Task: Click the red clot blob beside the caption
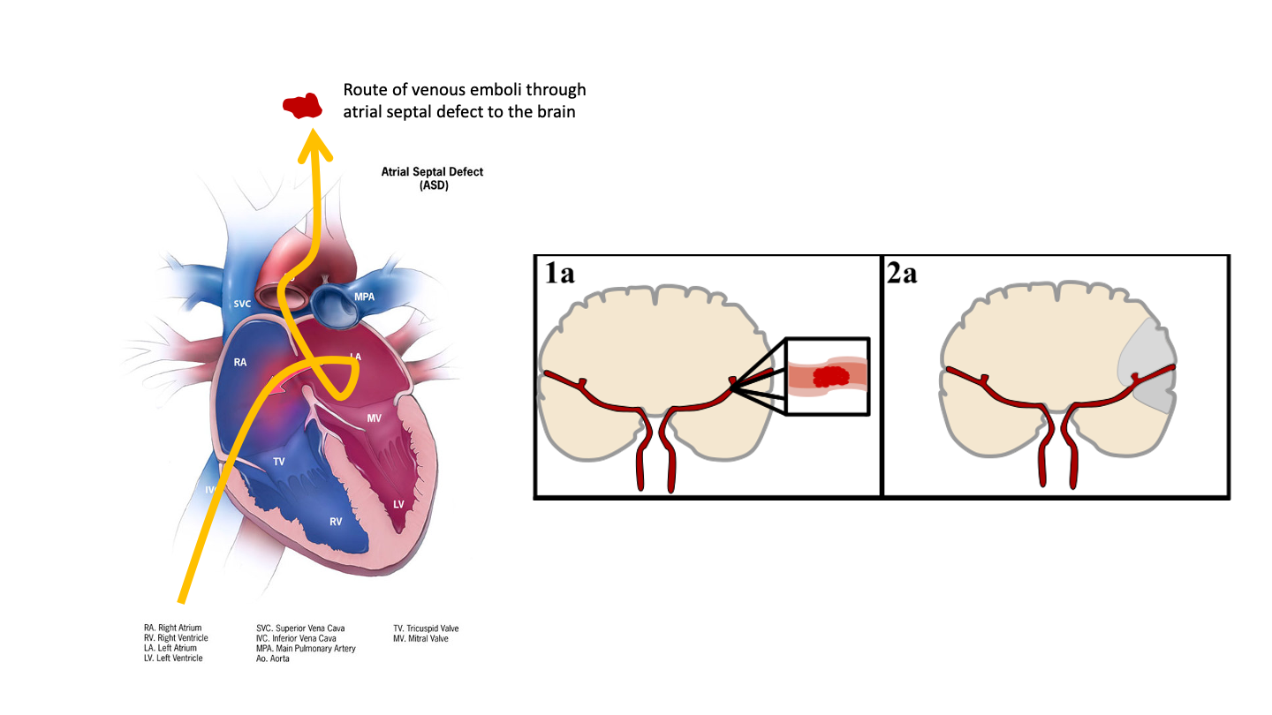(x=303, y=106)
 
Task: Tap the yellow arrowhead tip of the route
(x=313, y=130)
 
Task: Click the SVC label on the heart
(x=242, y=304)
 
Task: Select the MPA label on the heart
(x=364, y=297)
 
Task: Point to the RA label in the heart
(x=239, y=362)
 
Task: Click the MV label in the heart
(x=374, y=418)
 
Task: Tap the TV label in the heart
(x=278, y=462)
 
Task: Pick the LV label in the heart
(x=398, y=505)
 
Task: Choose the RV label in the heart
(x=336, y=522)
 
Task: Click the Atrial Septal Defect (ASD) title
(x=432, y=178)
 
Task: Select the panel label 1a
(x=559, y=273)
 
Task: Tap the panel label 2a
(x=902, y=273)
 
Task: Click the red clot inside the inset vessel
(x=830, y=376)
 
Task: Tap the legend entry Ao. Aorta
(x=273, y=659)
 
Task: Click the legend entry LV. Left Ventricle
(x=173, y=658)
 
